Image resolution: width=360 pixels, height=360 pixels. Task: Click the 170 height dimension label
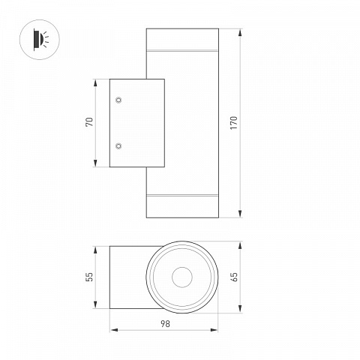click(234, 123)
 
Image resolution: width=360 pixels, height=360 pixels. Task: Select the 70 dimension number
click(89, 122)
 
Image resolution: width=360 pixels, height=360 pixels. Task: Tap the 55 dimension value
click(89, 277)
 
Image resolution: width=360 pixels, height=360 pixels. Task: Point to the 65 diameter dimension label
click(235, 277)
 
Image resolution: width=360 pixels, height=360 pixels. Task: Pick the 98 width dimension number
click(165, 324)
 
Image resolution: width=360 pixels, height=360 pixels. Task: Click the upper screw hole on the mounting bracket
click(118, 100)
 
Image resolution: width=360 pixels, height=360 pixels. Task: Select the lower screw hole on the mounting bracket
click(118, 145)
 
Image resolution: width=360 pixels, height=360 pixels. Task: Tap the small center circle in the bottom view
click(182, 277)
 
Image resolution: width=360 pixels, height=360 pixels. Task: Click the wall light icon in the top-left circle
click(40, 40)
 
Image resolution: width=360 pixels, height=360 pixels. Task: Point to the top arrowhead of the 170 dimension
click(240, 32)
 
